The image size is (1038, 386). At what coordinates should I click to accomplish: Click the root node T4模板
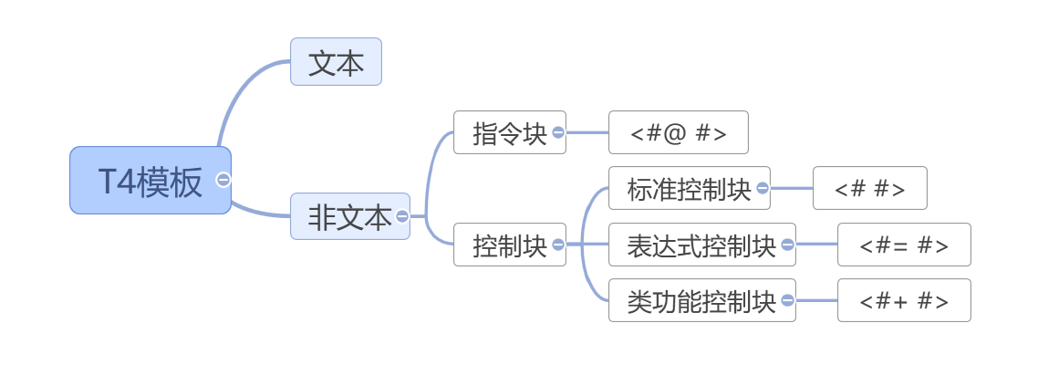tap(149, 181)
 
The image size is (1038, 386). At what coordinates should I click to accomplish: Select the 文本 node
tap(336, 62)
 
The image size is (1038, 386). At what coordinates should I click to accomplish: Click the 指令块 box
tap(507, 133)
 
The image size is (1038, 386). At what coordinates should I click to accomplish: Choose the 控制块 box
tap(507, 245)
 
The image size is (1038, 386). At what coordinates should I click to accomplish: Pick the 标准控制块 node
tap(687, 189)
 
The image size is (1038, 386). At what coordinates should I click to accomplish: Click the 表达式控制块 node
tap(700, 245)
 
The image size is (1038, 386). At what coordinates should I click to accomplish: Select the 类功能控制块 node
tap(700, 301)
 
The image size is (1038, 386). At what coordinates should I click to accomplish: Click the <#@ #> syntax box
tap(678, 133)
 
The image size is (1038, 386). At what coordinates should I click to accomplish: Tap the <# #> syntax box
tap(869, 189)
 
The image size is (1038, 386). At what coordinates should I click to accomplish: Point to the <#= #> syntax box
tap(903, 245)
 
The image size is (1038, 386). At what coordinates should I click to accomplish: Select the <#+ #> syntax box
tap(903, 301)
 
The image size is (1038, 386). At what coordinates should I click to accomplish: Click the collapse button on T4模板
tap(223, 180)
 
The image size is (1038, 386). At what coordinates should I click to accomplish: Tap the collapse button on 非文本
tap(402, 216)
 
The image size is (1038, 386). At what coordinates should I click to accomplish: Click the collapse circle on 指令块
tap(558, 132)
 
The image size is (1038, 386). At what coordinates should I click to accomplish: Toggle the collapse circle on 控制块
tap(558, 244)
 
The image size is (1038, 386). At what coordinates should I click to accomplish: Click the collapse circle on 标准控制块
tap(763, 188)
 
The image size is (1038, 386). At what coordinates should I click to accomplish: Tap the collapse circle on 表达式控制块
tap(787, 244)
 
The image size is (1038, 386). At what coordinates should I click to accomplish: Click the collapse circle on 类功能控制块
tap(787, 300)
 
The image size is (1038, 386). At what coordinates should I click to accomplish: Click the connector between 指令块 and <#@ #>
tap(586, 132)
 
